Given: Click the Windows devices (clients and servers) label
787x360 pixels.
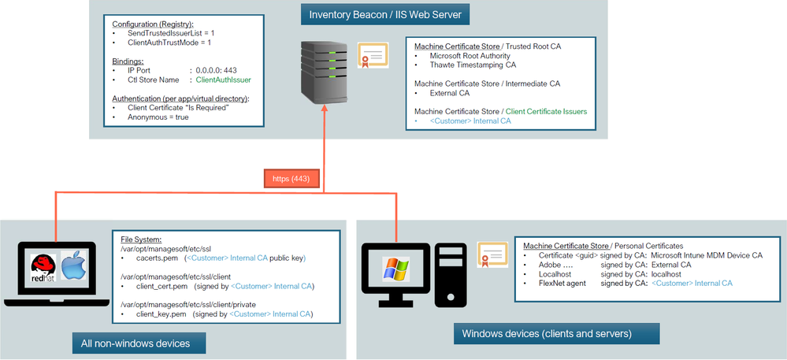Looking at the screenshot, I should click(546, 333).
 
